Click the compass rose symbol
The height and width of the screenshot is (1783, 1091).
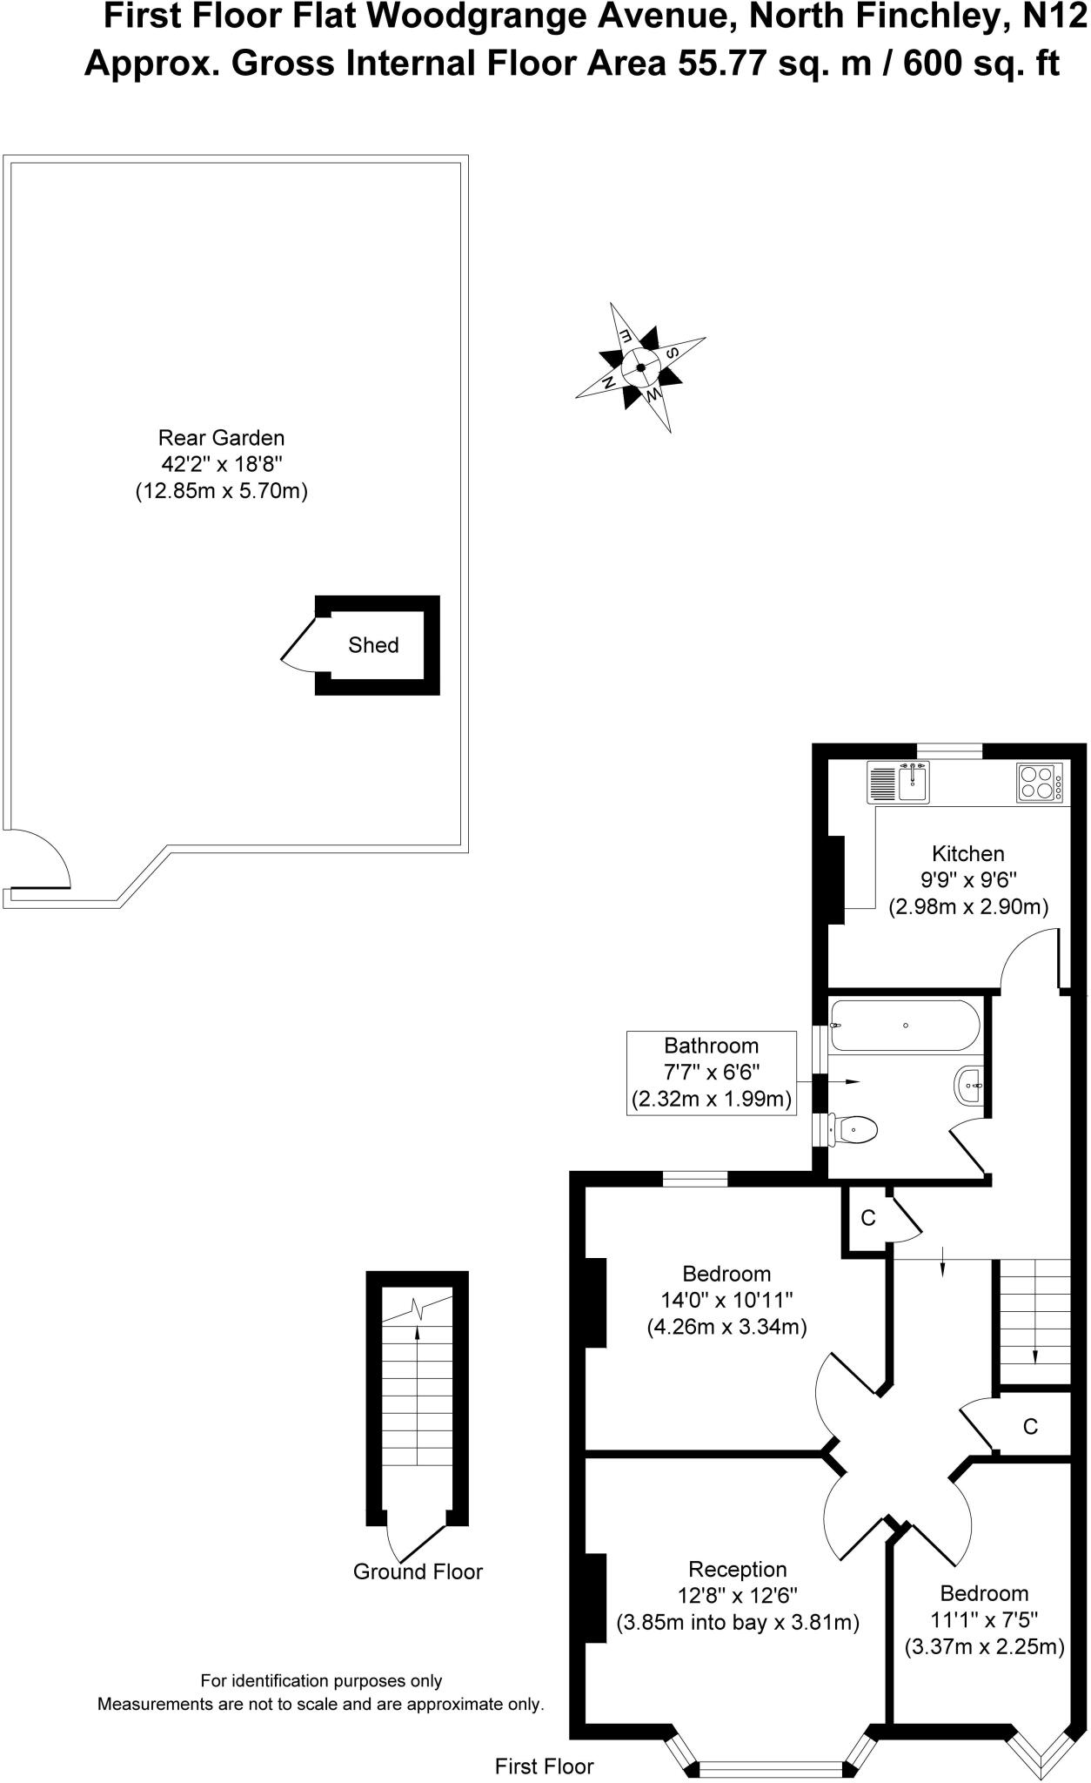(x=640, y=367)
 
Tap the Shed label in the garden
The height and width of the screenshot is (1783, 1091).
(x=373, y=645)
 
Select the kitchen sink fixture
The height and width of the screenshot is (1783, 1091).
(x=913, y=782)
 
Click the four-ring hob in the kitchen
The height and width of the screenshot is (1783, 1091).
(x=1038, y=782)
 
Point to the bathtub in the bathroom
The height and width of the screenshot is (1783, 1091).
(x=905, y=1025)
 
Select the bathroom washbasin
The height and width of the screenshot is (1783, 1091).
(x=971, y=1086)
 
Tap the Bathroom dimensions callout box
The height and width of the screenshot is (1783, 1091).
(x=711, y=1073)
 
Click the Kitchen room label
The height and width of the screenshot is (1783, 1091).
(x=967, y=853)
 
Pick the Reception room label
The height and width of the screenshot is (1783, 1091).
(x=737, y=1569)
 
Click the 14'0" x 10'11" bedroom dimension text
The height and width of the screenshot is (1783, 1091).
(x=726, y=1300)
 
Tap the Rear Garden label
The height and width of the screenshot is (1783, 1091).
(x=221, y=437)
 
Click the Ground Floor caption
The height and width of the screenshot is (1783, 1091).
(x=418, y=1571)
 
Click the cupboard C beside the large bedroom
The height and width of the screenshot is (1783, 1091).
(x=867, y=1218)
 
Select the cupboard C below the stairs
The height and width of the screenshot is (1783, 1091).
(x=1030, y=1426)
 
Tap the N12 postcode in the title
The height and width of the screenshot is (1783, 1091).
(x=1054, y=16)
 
